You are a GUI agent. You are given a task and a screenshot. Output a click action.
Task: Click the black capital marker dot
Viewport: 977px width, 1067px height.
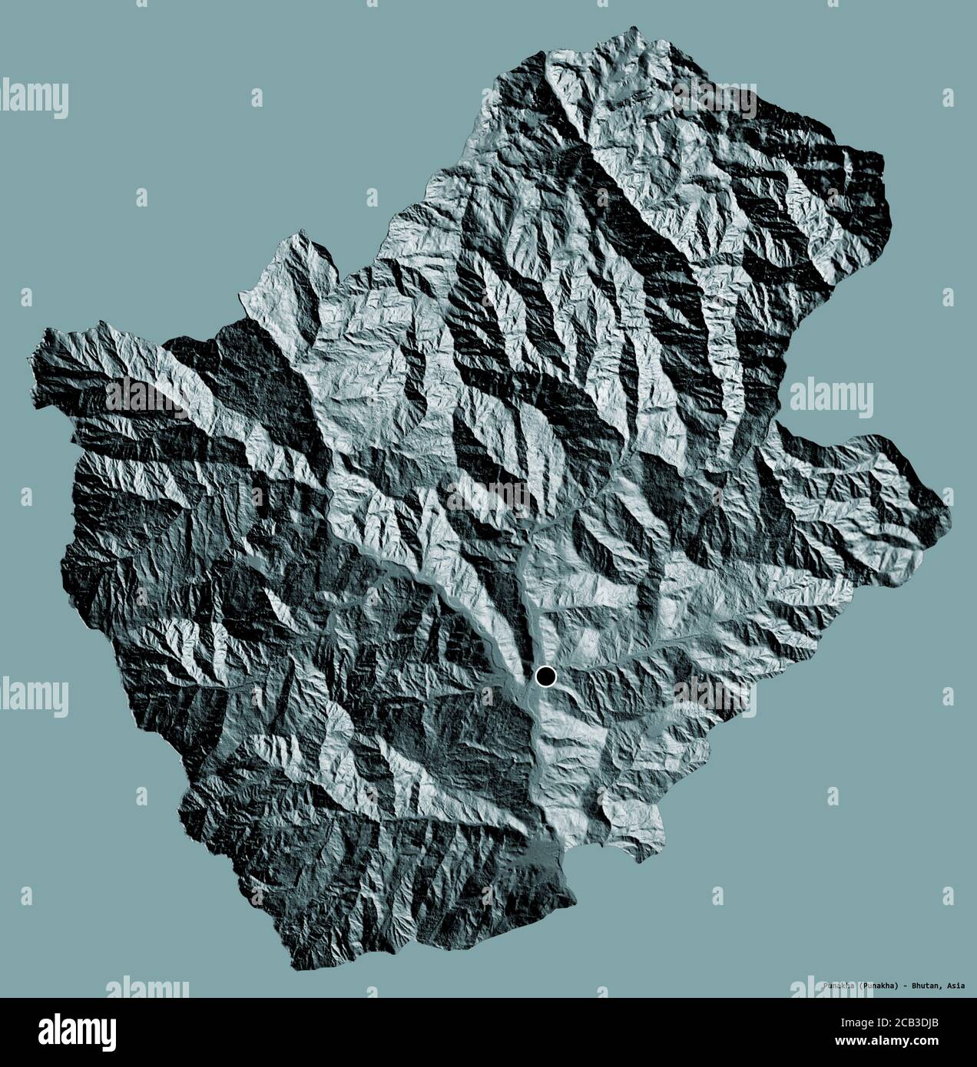pos(545,676)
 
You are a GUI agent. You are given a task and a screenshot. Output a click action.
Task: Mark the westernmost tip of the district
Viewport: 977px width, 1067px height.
pos(33,359)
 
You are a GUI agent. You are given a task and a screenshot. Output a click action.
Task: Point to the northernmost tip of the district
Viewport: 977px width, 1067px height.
pos(634,29)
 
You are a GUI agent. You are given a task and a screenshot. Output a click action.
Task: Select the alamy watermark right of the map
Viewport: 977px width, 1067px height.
pos(831,397)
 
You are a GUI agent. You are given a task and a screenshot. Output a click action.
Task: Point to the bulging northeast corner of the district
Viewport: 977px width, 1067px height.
pos(883,192)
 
